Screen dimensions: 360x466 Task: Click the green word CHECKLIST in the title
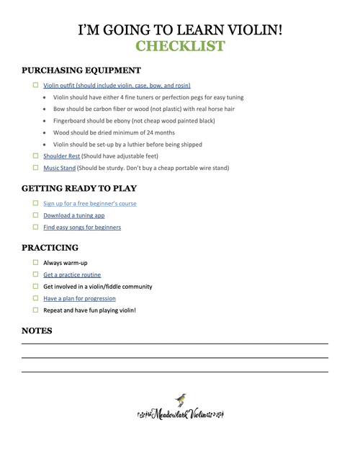(180, 47)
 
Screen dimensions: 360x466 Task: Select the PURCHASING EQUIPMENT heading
(81, 71)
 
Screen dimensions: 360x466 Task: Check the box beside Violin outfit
(35, 85)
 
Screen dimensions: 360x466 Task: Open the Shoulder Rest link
(61, 156)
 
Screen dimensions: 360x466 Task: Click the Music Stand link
(59, 168)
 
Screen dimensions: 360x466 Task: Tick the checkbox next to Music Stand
(35, 168)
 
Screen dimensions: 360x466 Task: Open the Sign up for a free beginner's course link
(89, 203)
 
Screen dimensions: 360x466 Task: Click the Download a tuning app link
(74, 215)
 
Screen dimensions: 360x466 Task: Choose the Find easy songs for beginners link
(82, 227)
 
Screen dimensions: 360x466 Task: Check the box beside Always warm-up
(35, 263)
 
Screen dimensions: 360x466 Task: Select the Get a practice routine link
(72, 274)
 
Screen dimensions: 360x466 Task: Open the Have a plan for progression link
(79, 298)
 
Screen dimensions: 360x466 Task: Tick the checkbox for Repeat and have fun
(35, 310)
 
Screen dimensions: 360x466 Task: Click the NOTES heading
(37, 331)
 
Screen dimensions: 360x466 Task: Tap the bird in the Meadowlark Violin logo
(181, 400)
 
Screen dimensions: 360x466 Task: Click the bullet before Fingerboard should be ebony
(46, 121)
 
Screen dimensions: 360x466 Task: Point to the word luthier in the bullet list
(151, 144)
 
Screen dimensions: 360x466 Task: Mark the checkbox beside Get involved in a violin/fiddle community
(35, 287)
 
